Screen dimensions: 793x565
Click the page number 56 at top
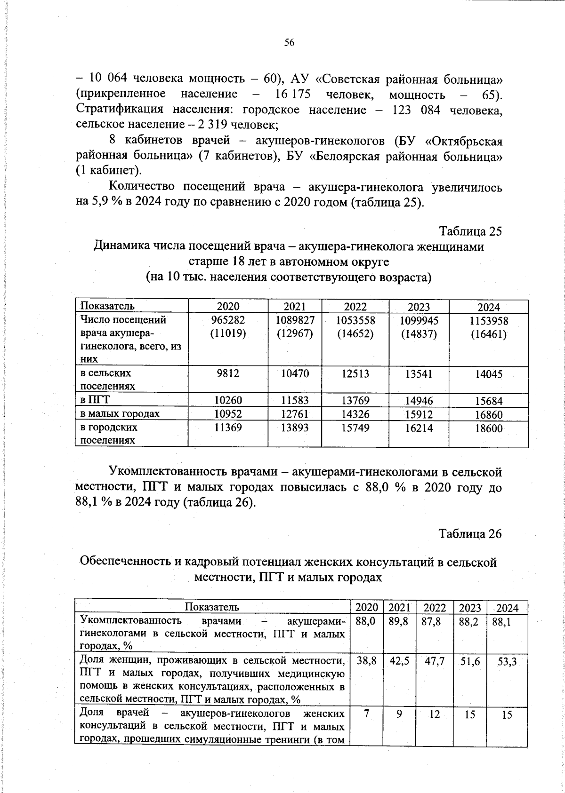click(x=289, y=43)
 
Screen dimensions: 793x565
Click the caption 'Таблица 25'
click(x=470, y=231)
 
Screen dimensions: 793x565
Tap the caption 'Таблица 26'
click(x=470, y=534)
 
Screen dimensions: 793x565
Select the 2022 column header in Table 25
click(x=355, y=307)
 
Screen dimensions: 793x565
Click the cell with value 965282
click(x=228, y=320)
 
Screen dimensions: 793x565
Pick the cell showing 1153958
click(x=489, y=321)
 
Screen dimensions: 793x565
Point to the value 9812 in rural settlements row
click(x=228, y=373)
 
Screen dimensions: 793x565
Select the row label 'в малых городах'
click(x=120, y=414)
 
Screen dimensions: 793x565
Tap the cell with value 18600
click(x=489, y=428)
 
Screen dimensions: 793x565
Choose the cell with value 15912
click(x=419, y=414)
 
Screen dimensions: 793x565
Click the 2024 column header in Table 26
click(x=508, y=608)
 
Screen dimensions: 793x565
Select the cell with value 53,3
click(x=508, y=662)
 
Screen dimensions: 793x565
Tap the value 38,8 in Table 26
click(x=366, y=661)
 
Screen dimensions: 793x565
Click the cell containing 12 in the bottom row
click(x=435, y=714)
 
